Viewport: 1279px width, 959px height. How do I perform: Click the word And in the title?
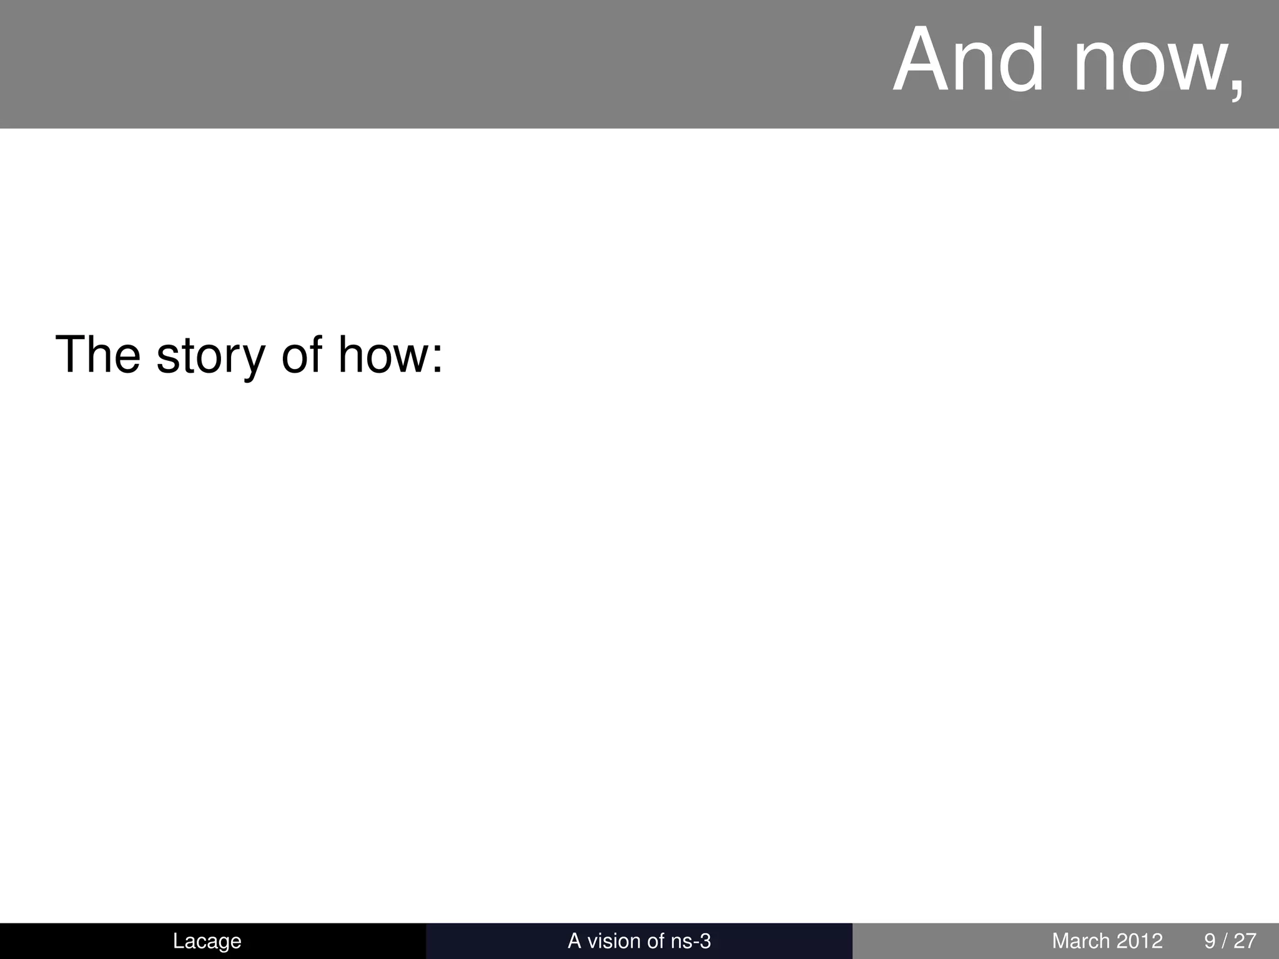pos(969,61)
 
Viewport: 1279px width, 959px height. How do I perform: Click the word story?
pos(210,356)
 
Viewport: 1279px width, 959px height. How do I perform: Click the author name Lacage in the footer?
pos(207,941)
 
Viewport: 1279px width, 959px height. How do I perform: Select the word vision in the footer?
pos(611,941)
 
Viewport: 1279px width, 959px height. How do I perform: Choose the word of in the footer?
pos(651,941)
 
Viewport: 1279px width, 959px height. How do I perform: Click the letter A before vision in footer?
pos(574,941)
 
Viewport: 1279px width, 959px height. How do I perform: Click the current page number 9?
pos(1210,941)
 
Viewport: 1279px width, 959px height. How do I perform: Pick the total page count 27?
pos(1245,941)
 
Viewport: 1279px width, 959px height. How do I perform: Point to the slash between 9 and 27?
pos(1225,941)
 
